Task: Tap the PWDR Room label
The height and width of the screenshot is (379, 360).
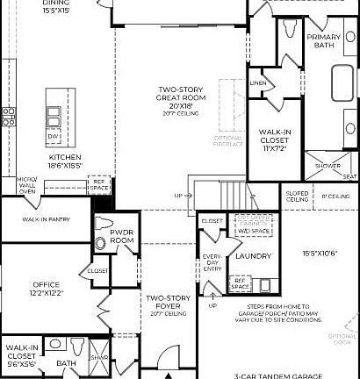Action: pos(122,236)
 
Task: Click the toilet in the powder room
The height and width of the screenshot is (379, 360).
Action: pos(100,242)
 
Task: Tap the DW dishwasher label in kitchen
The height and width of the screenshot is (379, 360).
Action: pos(54,136)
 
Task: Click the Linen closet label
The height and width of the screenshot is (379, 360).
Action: pos(257,83)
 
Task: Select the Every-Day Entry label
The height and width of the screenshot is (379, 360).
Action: pos(210,267)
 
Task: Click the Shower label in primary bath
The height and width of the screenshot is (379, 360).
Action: pos(327,164)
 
